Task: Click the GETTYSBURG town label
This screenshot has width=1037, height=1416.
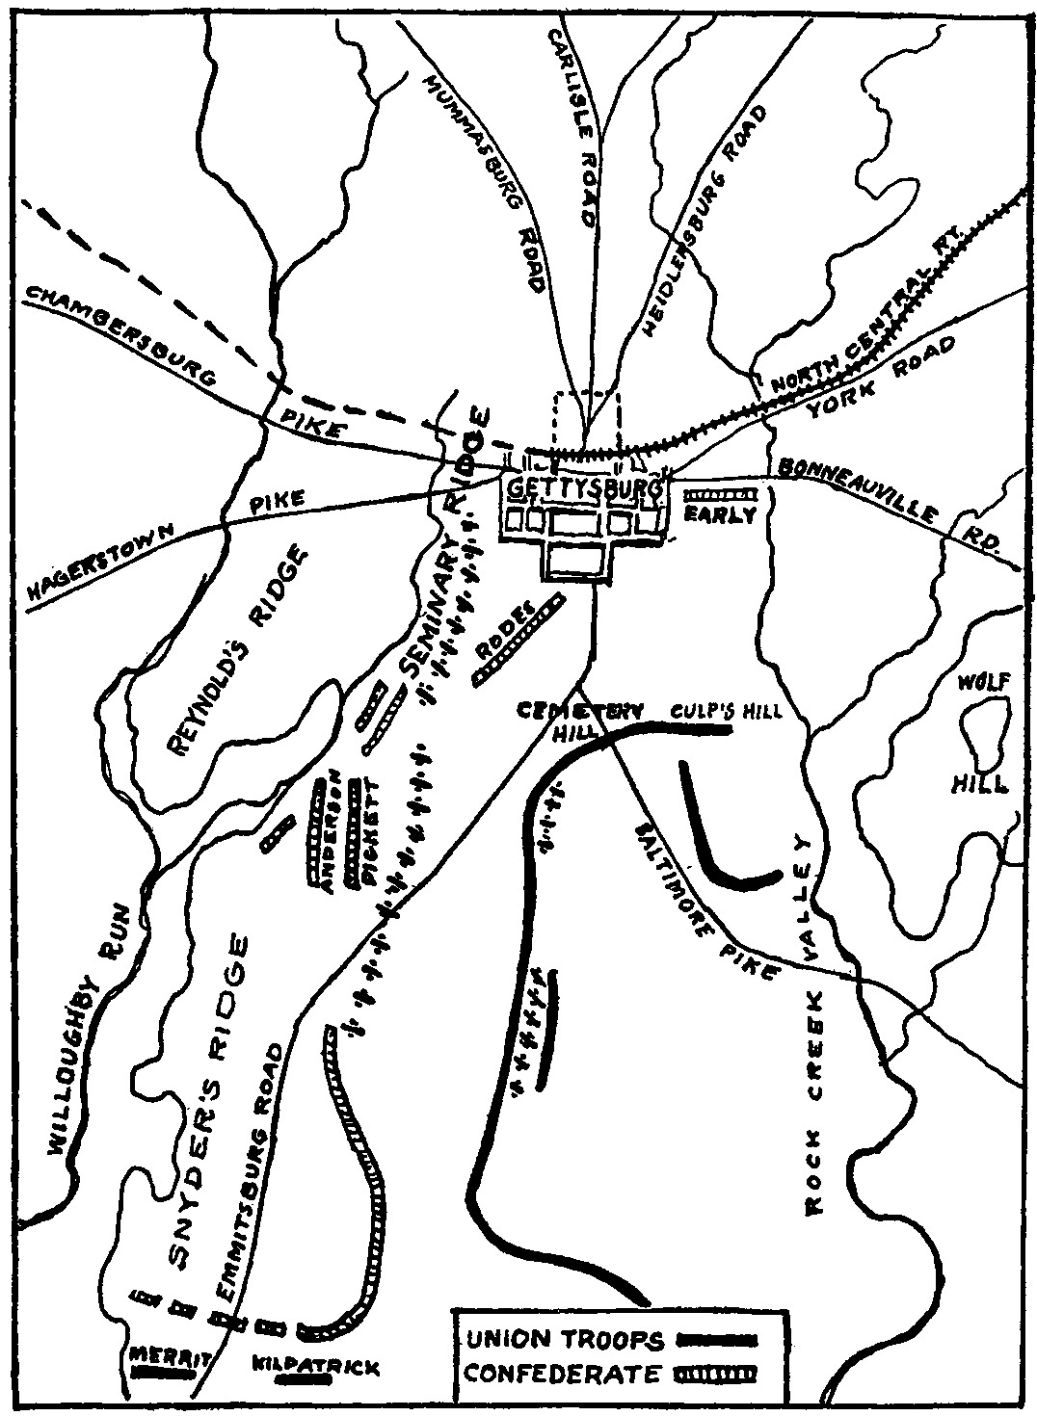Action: tap(584, 487)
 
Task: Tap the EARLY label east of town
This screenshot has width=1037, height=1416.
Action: tap(721, 515)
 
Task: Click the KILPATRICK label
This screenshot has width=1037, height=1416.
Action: tap(315, 1367)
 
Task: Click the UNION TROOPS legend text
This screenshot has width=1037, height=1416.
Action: tap(566, 1340)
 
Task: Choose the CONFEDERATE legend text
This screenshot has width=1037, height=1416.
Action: tap(564, 1373)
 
